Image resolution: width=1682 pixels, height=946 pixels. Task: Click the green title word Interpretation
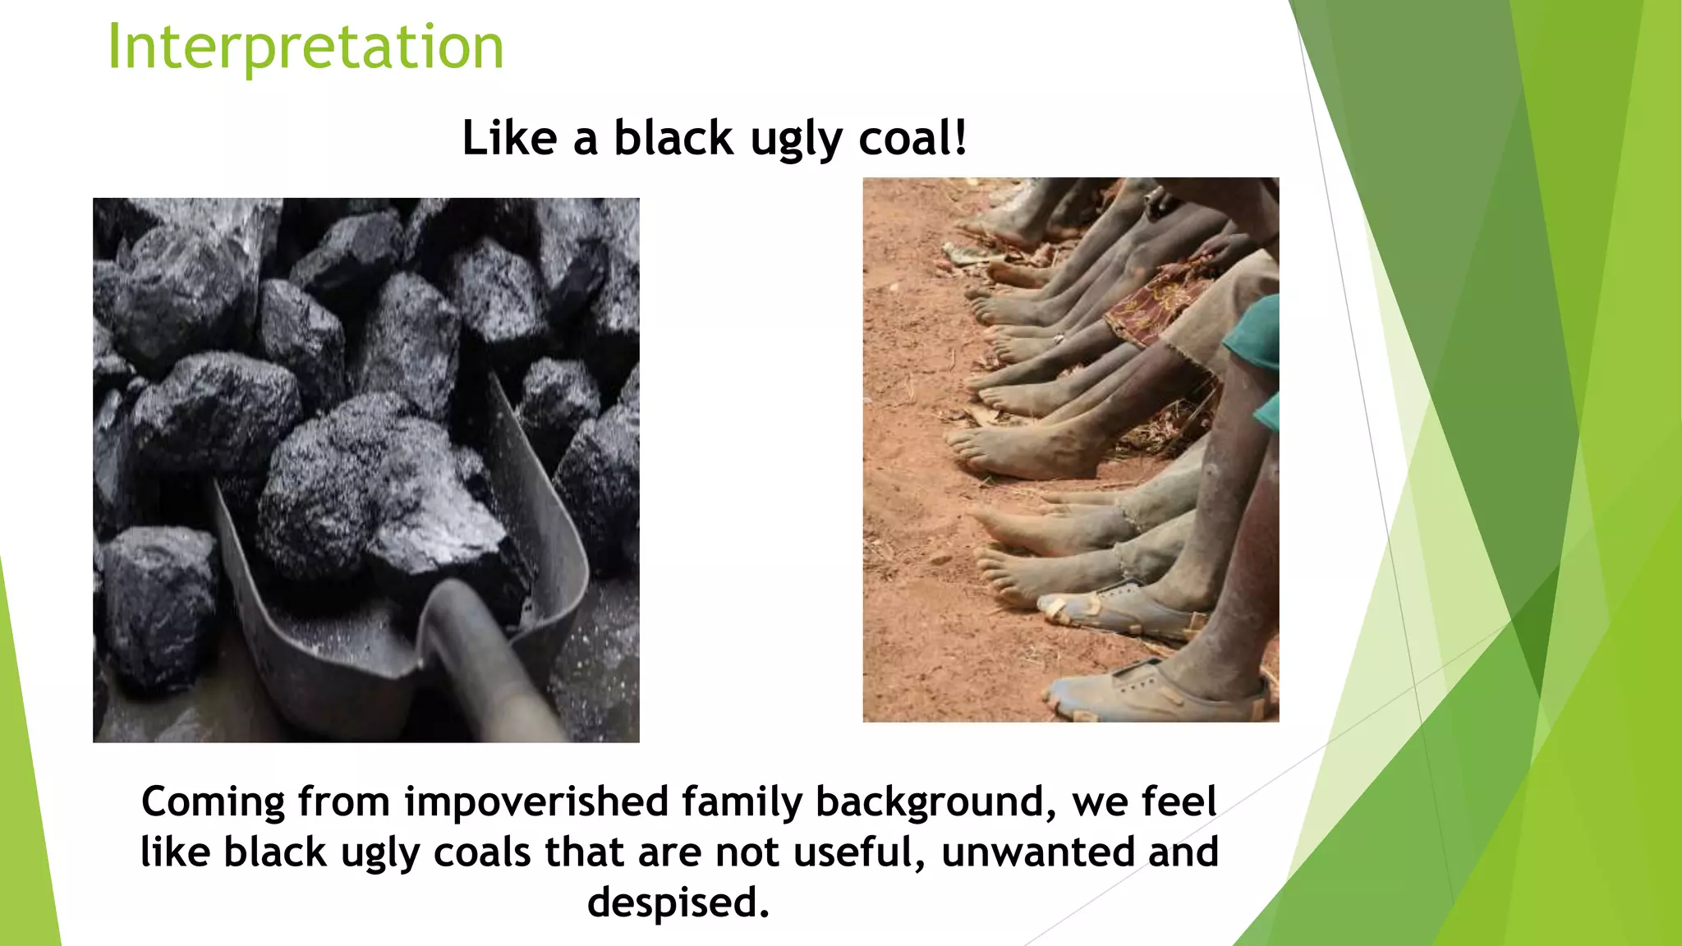click(x=306, y=47)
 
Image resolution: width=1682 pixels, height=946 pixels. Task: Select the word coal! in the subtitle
click(x=912, y=137)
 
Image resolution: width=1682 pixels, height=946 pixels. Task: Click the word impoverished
click(x=536, y=803)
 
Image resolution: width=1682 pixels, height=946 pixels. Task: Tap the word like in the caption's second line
click(x=174, y=852)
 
